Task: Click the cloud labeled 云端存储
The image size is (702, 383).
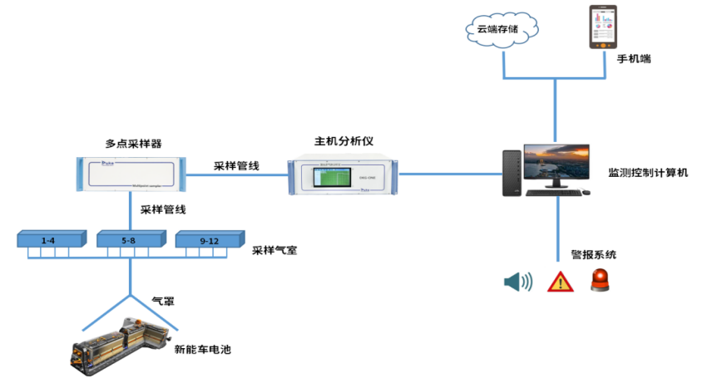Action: pos(501,29)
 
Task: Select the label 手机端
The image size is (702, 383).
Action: pos(632,61)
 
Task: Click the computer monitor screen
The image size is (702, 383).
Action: pos(556,164)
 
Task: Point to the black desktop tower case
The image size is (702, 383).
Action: pos(511,171)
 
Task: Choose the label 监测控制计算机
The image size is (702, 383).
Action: pos(648,173)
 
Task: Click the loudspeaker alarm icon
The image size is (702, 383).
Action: pos(517,282)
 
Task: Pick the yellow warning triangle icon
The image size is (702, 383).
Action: pos(561,282)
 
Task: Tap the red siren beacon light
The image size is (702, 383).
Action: pos(601,281)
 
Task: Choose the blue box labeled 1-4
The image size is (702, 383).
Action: pos(52,240)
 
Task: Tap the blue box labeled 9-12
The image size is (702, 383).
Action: pos(209,240)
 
